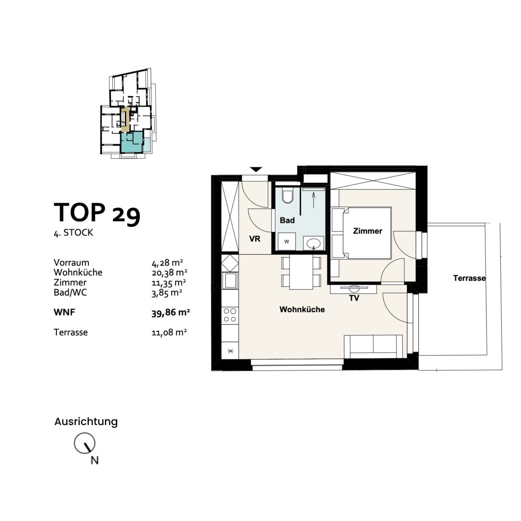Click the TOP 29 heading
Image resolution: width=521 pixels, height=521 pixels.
97,213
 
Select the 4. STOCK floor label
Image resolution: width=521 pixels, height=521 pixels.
73,233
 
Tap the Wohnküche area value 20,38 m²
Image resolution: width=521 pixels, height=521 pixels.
167,273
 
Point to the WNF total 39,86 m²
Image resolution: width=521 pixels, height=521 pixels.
170,313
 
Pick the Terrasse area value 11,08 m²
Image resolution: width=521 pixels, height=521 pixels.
169,332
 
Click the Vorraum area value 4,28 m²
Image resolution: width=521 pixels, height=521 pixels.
167,263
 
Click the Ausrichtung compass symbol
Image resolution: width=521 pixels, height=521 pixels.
84,443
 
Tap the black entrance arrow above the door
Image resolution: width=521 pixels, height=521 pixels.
256,169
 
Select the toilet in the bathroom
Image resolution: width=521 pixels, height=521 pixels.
288,197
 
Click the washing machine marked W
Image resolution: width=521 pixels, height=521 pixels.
287,242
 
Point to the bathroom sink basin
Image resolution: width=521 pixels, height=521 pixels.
314,243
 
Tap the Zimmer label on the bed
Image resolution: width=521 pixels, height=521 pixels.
367,231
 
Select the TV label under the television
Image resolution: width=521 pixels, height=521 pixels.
354,298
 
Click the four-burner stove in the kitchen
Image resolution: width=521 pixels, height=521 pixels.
230,315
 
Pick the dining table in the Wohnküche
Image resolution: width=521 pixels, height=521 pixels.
302,273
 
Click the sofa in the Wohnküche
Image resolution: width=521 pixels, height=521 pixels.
373,346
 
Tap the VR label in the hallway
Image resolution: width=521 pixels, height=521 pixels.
255,238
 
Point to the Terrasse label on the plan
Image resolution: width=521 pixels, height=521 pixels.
469,278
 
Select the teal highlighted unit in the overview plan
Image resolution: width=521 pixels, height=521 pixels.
131,142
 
